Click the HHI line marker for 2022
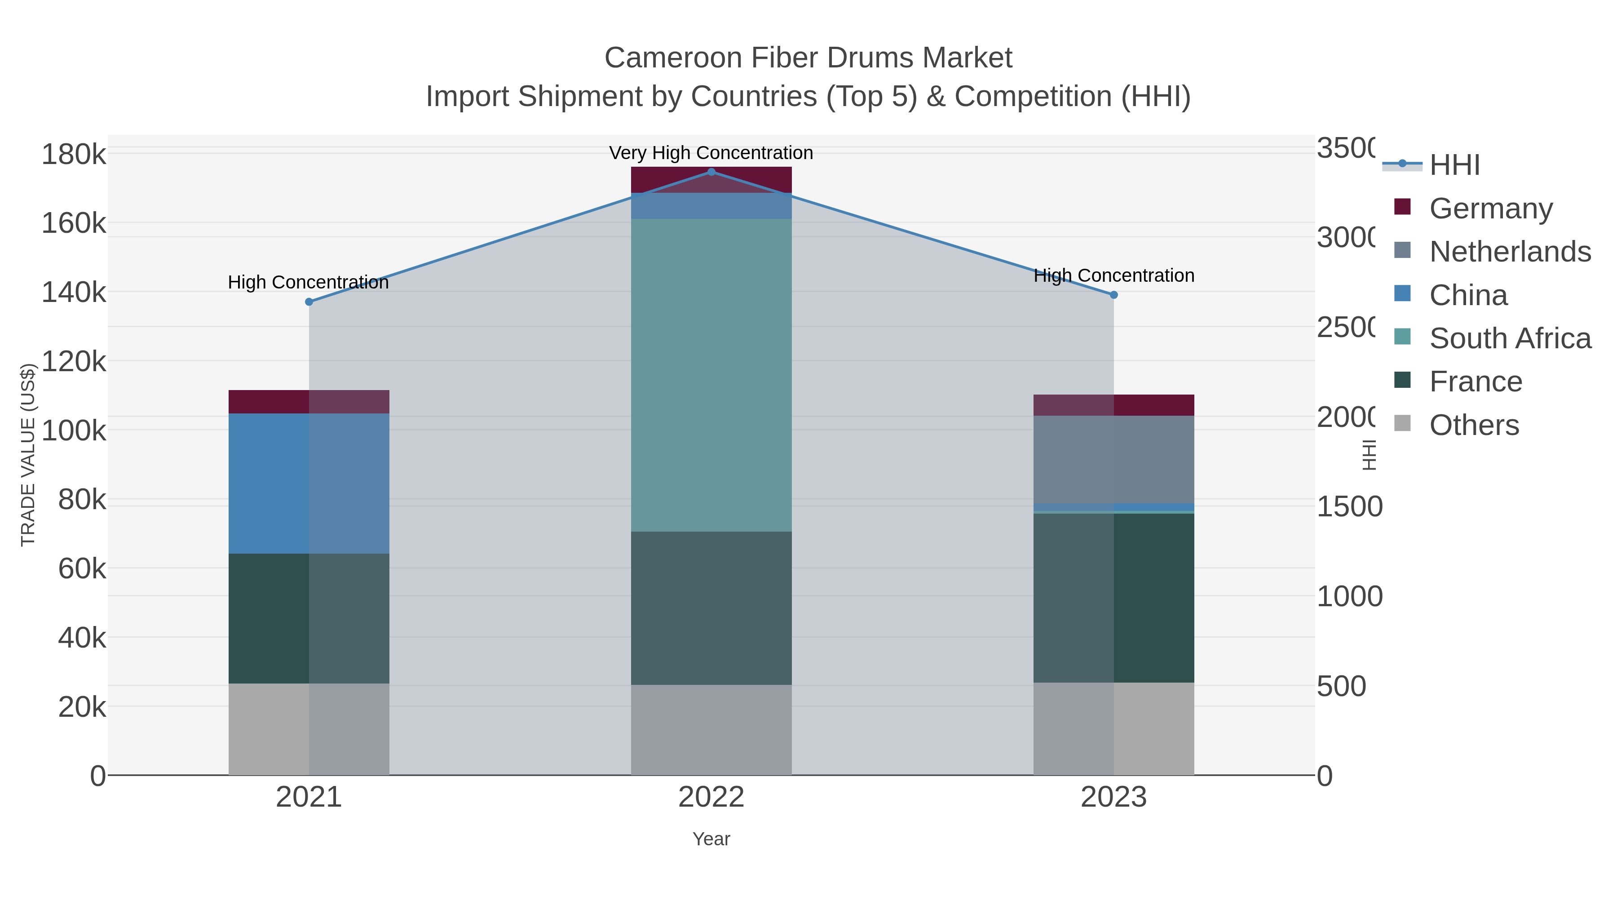[x=711, y=172]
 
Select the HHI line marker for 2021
[x=309, y=302]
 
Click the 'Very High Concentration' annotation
[x=711, y=153]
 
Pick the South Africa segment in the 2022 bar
[x=711, y=375]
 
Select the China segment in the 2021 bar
[x=309, y=483]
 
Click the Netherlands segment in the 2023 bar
[x=1113, y=459]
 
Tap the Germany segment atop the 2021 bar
[x=309, y=402]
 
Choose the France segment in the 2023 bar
[x=1113, y=598]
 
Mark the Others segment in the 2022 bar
[x=711, y=730]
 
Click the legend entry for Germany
[x=1490, y=209]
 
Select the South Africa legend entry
[x=1510, y=338]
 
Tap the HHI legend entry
[x=1454, y=165]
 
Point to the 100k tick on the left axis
[x=74, y=431]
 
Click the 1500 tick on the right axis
[x=1349, y=507]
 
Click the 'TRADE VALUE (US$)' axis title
[x=28, y=455]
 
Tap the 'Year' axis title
[x=711, y=839]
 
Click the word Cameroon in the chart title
[x=672, y=58]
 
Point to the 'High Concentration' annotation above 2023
[x=1113, y=276]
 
